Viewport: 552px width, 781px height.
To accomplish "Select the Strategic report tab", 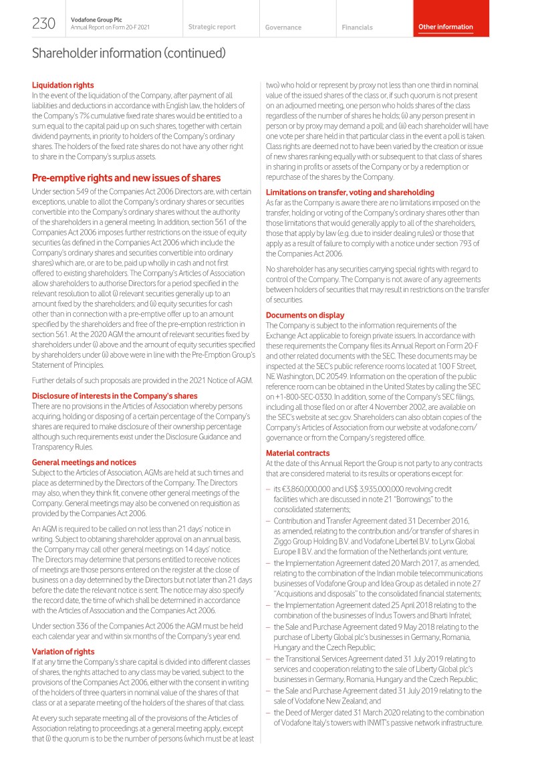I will (x=212, y=27).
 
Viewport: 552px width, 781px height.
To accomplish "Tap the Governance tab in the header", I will (x=283, y=27).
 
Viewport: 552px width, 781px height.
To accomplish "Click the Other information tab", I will (x=445, y=27).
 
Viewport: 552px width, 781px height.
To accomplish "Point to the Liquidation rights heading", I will (x=63, y=85).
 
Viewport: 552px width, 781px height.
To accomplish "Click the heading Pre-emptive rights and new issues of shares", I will (x=126, y=178).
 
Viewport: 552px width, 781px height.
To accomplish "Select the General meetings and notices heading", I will (x=84, y=462).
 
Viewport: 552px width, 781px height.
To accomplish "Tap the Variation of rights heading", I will (x=63, y=651).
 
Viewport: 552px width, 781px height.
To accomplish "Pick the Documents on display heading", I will (x=305, y=315).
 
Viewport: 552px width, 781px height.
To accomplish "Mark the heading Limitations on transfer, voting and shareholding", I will (x=350, y=192).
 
